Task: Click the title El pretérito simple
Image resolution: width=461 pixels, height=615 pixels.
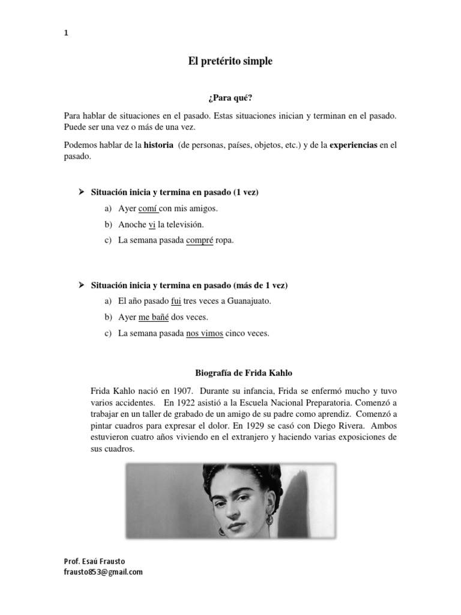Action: [231, 61]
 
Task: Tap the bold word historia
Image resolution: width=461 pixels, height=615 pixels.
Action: [158, 145]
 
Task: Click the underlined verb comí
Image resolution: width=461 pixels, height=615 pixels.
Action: [148, 209]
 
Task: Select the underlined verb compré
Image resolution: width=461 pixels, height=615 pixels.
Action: [200, 240]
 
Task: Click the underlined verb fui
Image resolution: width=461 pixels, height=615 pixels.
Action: [176, 301]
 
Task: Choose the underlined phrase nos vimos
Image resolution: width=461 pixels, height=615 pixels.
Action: [204, 333]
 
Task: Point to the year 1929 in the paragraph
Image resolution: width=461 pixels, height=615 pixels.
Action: [280, 425]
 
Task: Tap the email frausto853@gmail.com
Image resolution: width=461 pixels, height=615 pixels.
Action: [103, 572]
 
